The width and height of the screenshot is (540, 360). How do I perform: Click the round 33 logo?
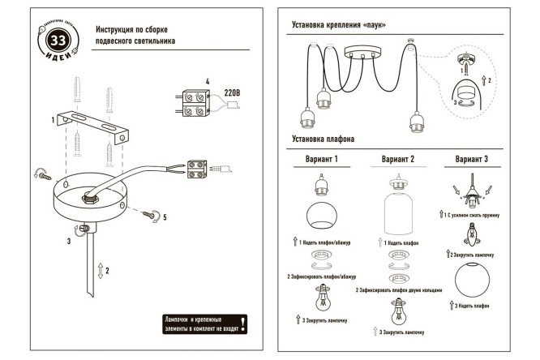[58, 41]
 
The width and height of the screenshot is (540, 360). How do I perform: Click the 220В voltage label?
[231, 92]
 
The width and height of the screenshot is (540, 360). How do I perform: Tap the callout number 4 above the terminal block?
[208, 82]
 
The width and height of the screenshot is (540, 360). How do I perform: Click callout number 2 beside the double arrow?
[106, 271]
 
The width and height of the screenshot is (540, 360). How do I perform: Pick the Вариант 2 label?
[397, 160]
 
